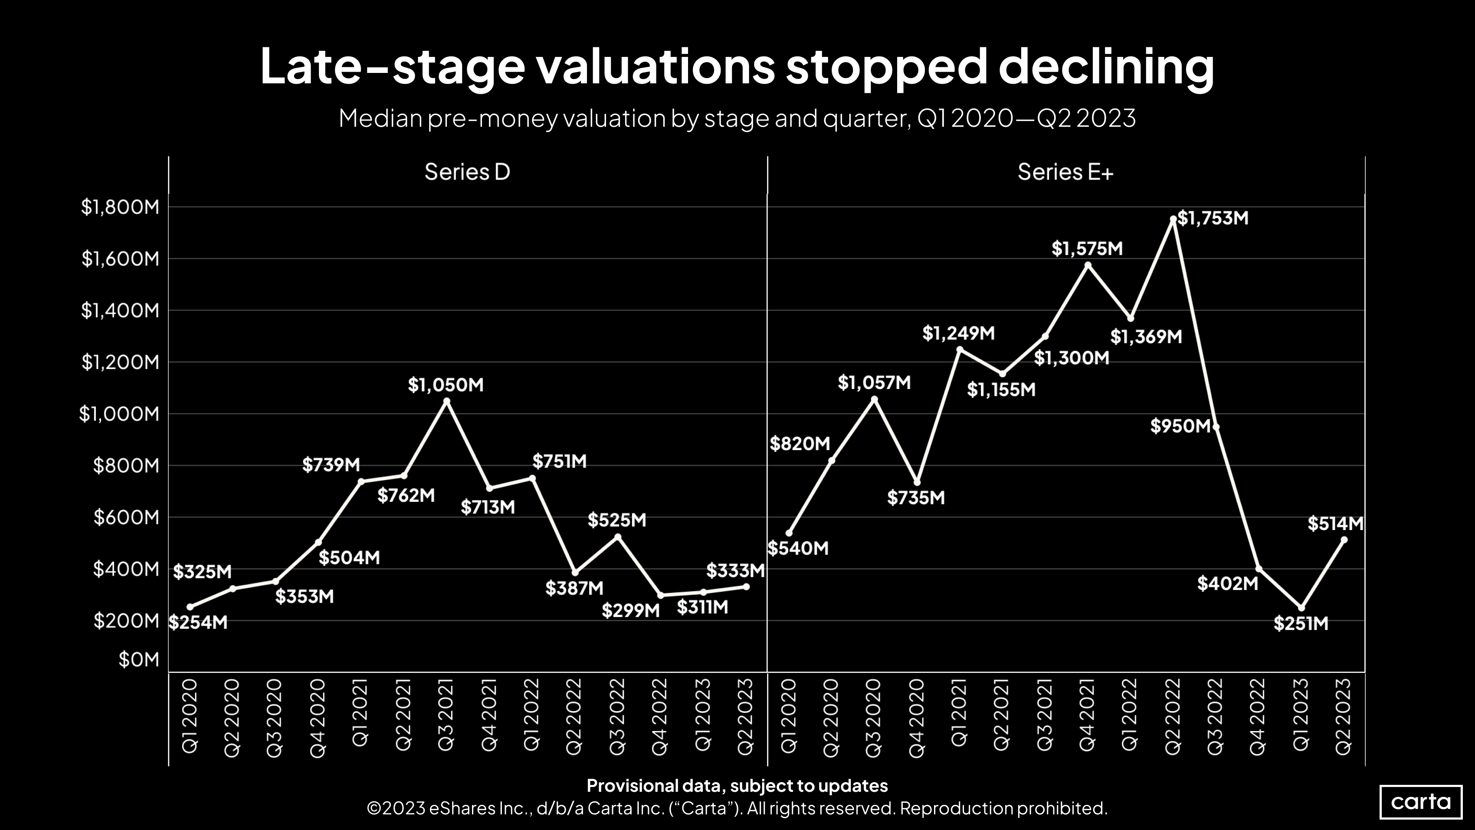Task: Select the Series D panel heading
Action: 467,172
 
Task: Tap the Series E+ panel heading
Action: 1065,172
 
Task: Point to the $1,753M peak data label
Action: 1213,218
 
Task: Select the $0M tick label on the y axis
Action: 138,659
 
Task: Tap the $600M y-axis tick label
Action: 126,517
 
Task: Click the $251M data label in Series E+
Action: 1300,623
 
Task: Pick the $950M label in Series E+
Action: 1180,426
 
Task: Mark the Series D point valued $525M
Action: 617,537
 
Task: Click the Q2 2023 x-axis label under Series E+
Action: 1343,717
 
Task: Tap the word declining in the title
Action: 1106,66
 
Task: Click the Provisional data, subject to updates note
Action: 737,785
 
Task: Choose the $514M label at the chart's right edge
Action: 1335,524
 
